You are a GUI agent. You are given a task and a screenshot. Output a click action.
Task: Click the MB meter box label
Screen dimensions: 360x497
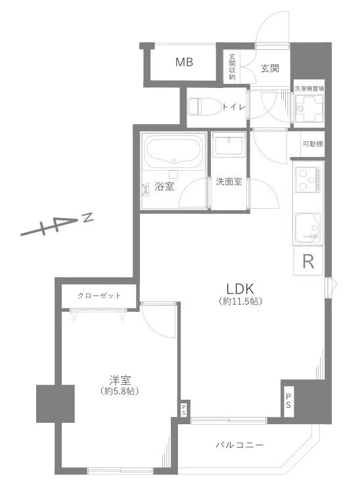(185, 62)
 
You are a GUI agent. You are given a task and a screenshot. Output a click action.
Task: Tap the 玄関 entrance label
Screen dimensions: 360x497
(270, 68)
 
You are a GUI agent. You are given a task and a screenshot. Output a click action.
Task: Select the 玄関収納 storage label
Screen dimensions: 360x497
(232, 66)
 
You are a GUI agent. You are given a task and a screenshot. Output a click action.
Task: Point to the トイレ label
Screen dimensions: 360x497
(234, 107)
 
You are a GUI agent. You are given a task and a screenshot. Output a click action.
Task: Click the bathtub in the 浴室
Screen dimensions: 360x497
(173, 151)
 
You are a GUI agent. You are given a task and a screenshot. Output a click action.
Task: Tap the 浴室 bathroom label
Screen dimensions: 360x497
(164, 186)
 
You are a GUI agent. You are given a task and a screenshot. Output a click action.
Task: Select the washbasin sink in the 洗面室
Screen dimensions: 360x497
(229, 144)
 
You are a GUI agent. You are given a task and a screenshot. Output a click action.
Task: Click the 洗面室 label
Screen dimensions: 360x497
(229, 182)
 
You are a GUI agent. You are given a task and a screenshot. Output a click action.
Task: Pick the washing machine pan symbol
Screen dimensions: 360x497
(309, 108)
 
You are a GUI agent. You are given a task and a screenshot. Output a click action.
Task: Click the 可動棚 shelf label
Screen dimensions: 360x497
(313, 144)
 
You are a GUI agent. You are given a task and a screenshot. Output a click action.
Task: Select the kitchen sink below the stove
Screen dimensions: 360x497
(308, 228)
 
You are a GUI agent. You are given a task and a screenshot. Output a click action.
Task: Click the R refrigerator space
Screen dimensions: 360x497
(308, 261)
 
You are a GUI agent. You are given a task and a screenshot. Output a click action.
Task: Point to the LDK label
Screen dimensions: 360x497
(240, 289)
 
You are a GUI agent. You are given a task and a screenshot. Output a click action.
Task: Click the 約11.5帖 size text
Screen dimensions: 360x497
(240, 301)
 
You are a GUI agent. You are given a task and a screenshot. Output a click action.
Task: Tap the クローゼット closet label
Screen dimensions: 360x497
(99, 295)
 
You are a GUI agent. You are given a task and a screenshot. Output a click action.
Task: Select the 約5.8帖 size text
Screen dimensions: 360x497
(120, 391)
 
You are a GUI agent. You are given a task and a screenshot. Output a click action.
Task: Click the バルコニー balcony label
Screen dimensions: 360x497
(240, 445)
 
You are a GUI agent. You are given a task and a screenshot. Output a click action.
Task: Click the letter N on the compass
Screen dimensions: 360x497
(88, 217)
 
